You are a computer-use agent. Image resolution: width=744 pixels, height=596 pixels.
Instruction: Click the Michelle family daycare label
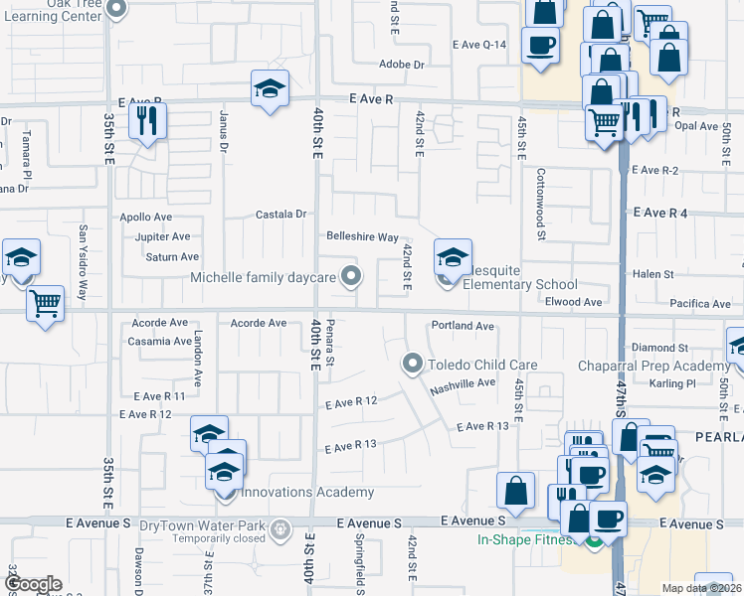click(263, 277)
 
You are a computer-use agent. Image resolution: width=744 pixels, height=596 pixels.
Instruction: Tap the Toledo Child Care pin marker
click(412, 365)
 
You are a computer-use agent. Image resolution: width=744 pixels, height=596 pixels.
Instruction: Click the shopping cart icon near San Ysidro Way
click(46, 302)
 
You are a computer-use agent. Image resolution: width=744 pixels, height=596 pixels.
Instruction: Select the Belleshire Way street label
click(363, 236)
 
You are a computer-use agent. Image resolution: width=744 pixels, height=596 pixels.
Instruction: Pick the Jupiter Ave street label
click(162, 236)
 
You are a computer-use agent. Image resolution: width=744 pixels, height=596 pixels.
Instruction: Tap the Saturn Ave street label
click(172, 256)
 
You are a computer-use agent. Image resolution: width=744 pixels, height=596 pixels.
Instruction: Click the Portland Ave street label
click(463, 326)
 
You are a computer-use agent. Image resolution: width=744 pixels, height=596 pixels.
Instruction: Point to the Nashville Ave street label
click(463, 384)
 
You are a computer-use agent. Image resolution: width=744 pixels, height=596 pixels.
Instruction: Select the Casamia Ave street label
click(159, 341)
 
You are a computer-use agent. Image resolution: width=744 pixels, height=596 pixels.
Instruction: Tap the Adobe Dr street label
click(402, 65)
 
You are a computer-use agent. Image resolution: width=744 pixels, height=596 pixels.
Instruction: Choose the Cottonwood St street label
click(541, 203)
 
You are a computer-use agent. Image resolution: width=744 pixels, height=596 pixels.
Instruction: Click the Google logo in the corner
click(34, 584)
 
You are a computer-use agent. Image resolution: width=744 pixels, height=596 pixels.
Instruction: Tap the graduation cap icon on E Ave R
click(270, 87)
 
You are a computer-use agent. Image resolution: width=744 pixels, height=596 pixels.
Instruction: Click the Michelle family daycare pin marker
click(350, 277)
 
